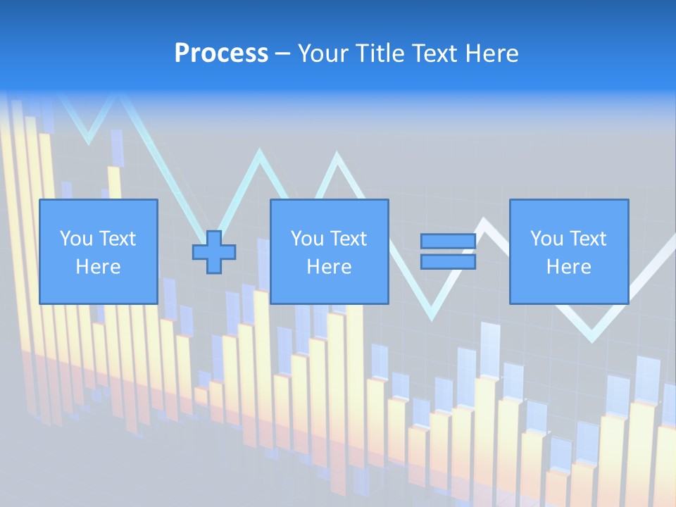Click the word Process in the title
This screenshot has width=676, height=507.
[221, 54]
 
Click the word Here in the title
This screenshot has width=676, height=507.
[494, 54]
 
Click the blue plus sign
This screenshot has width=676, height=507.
[214, 252]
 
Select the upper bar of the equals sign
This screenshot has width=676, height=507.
[448, 242]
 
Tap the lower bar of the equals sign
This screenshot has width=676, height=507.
[448, 262]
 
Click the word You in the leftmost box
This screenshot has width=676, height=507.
[75, 239]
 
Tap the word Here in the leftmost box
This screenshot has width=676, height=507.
[98, 267]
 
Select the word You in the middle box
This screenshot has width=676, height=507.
[306, 239]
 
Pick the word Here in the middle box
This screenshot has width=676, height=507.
[329, 267]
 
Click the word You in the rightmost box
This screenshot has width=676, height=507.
[546, 239]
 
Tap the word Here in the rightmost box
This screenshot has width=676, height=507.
[568, 267]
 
